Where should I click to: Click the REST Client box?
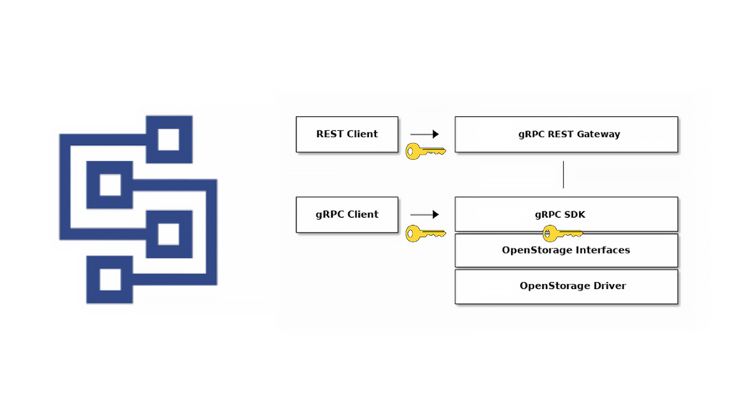click(347, 134)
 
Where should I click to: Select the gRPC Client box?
click(347, 215)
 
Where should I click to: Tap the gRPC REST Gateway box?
click(566, 134)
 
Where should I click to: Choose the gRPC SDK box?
click(566, 214)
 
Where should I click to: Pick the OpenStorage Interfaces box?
click(566, 251)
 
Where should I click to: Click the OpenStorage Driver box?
click(566, 287)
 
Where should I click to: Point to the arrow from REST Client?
click(424, 134)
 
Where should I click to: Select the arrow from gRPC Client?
click(424, 215)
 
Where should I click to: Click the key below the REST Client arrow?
click(426, 152)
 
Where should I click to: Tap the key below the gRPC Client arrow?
click(426, 234)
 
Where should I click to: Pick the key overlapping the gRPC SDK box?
click(563, 234)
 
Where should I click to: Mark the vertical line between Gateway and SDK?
click(563, 175)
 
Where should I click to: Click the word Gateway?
click(598, 134)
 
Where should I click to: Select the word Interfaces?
click(603, 250)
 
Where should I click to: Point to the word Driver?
click(609, 285)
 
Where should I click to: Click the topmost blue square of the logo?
click(169, 139)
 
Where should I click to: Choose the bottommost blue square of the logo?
click(109, 280)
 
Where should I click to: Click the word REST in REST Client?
click(329, 134)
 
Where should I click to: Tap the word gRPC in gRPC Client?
click(330, 215)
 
